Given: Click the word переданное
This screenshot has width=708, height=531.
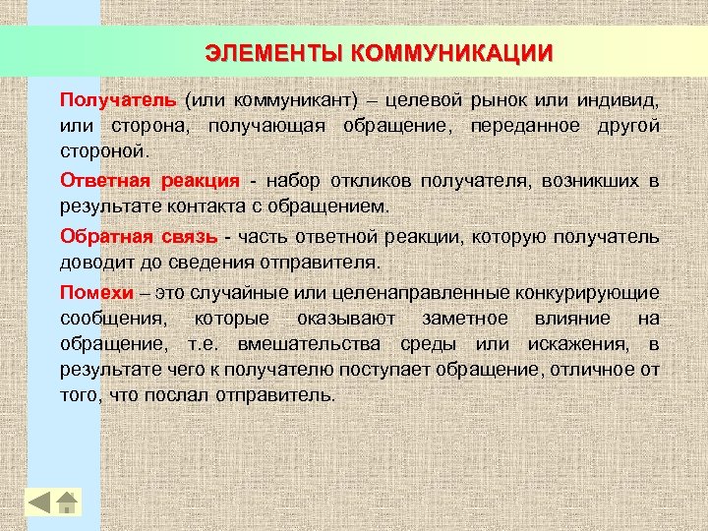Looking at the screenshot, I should pyautogui.click(x=527, y=128).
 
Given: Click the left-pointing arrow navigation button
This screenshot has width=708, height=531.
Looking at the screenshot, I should pyautogui.click(x=38, y=501).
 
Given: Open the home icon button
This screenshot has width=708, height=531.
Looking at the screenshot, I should pyautogui.click(x=66, y=501).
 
